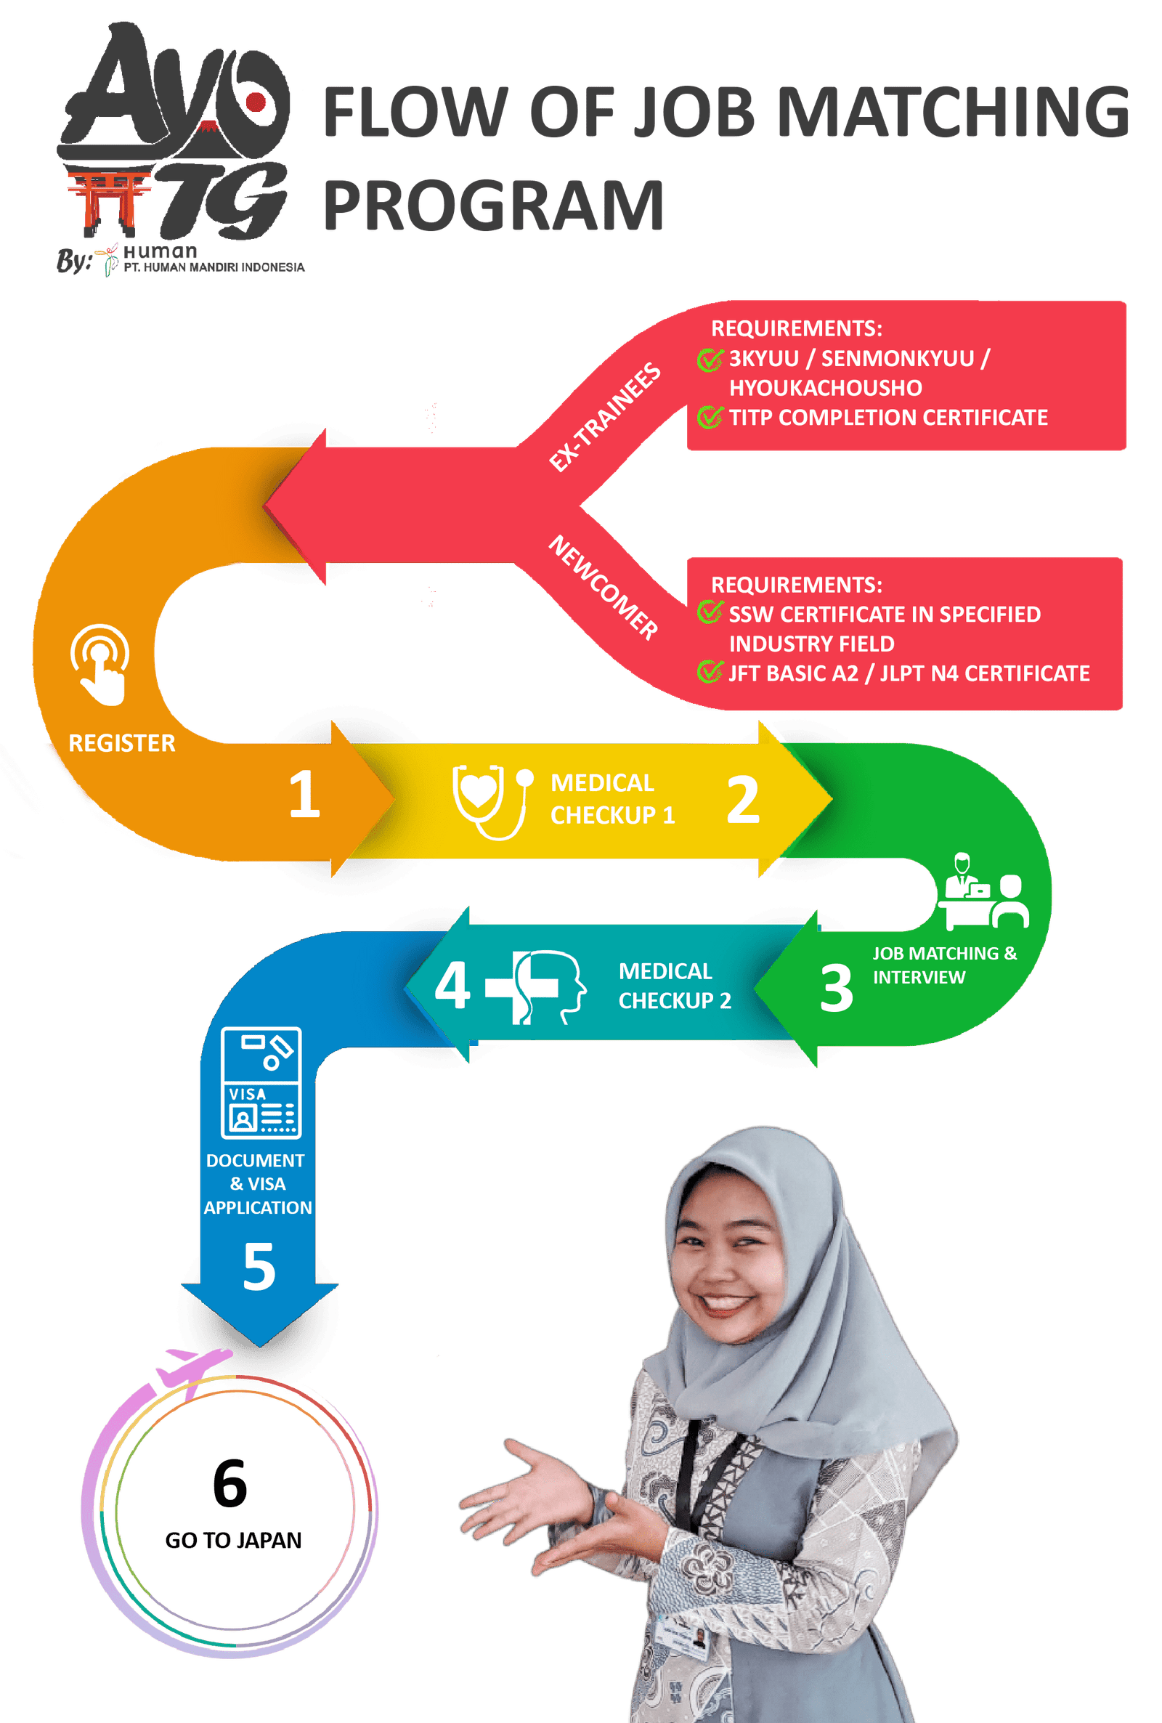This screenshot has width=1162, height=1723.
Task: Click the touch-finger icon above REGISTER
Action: point(101,664)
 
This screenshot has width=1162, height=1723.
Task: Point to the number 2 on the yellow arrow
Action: point(742,800)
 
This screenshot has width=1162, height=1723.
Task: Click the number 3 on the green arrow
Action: point(837,988)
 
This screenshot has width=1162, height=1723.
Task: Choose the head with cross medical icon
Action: point(535,987)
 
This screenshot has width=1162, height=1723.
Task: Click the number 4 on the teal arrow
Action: point(452,985)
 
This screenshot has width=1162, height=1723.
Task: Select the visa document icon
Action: point(261,1083)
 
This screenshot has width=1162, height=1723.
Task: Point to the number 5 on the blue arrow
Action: point(259,1267)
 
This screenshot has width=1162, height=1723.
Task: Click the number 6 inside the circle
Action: point(229,1483)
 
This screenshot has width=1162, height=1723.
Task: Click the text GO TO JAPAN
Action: point(233,1540)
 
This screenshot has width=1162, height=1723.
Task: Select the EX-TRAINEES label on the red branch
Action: point(605,416)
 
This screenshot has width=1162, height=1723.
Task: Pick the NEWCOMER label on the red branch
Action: point(604,587)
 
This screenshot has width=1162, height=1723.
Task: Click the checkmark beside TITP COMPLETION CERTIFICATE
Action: point(710,417)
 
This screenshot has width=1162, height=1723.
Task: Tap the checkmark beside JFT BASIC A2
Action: point(710,672)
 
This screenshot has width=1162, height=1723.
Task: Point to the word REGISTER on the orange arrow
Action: point(122,743)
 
